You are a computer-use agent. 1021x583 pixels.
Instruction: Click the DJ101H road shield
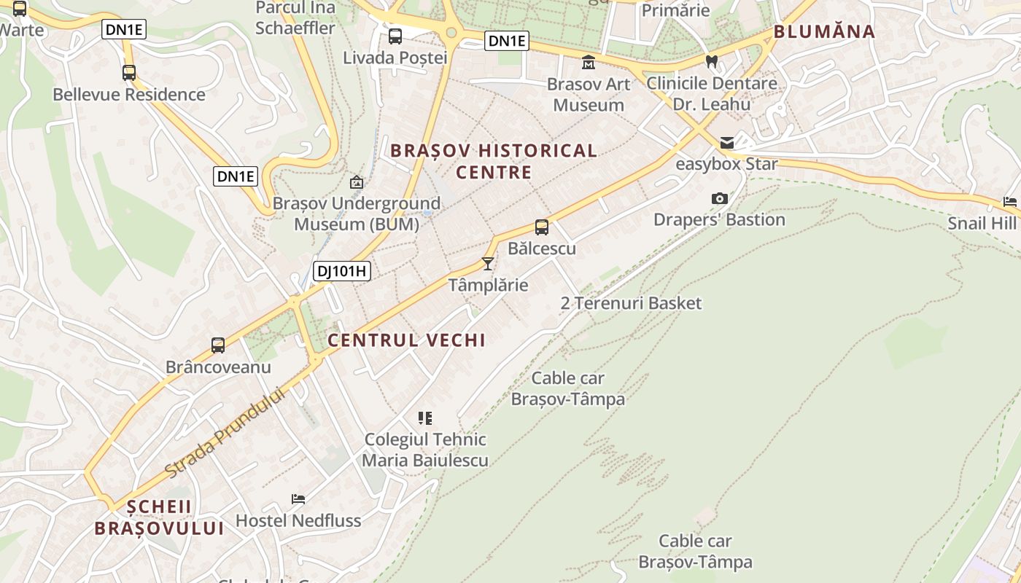click(342, 272)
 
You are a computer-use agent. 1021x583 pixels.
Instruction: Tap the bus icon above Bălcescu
click(541, 227)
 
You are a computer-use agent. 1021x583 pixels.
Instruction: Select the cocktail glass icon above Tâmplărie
click(488, 263)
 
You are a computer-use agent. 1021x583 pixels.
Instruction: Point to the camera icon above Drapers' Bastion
click(719, 198)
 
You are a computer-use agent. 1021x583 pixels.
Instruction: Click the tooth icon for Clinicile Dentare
click(712, 62)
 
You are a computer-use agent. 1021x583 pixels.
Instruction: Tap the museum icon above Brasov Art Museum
click(588, 63)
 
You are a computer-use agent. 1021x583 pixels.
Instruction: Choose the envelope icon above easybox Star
click(726, 143)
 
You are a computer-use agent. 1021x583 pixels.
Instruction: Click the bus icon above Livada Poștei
click(395, 36)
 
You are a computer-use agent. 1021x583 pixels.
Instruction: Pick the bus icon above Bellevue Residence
click(129, 73)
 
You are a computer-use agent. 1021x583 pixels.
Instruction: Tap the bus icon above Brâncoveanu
click(218, 345)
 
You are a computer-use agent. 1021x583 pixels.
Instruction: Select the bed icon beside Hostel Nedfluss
click(298, 499)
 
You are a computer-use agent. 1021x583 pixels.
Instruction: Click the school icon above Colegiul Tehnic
click(425, 418)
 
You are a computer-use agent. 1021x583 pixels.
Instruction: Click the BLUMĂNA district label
click(824, 31)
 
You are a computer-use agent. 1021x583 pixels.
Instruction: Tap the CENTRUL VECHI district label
click(406, 340)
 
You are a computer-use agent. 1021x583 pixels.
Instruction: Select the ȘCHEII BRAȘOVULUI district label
click(158, 517)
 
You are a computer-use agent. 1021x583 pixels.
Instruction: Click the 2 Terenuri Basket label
click(631, 303)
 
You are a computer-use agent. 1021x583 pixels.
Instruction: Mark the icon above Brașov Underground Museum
click(357, 182)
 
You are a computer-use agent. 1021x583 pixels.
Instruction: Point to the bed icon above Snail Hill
click(1010, 202)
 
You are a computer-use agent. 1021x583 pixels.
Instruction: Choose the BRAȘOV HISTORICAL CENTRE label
click(494, 161)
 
